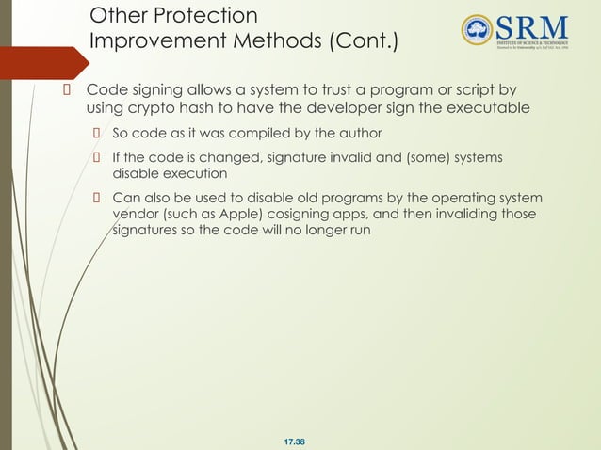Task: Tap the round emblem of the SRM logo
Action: [x=478, y=29]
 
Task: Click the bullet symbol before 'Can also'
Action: [x=96, y=198]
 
